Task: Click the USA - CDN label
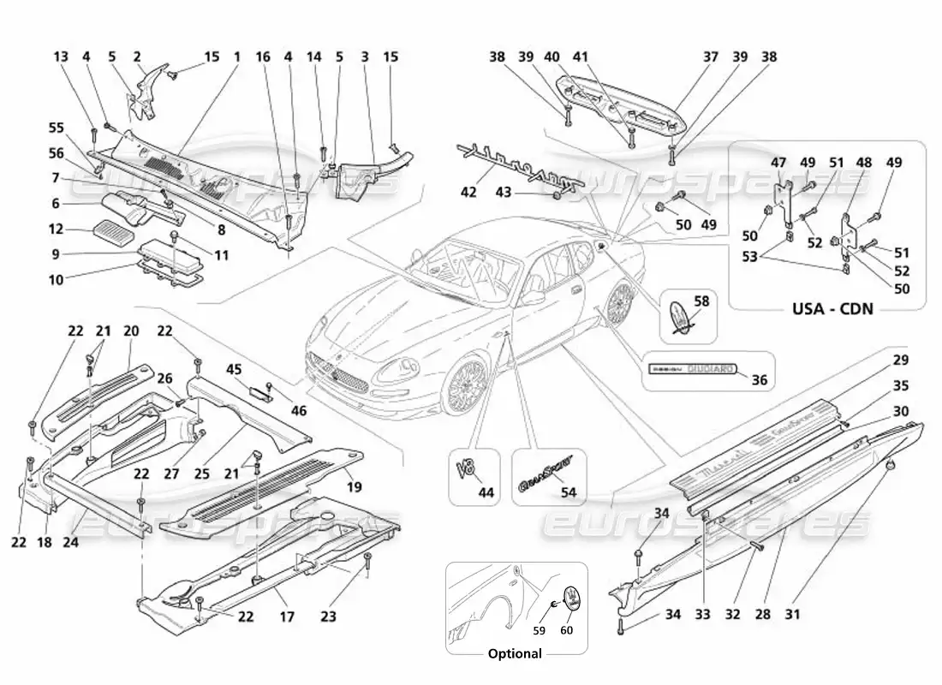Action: tap(826, 307)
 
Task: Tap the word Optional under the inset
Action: tap(515, 653)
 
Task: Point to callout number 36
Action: tap(758, 381)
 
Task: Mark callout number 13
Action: tap(60, 57)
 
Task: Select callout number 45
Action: tap(234, 370)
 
